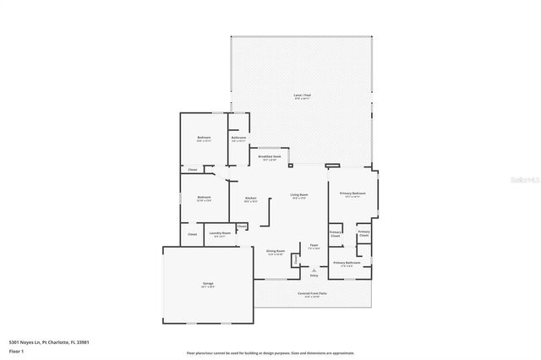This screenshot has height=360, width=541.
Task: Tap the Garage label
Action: point(207,284)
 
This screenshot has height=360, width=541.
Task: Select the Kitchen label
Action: point(250,199)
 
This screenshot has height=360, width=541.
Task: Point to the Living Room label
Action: point(299,195)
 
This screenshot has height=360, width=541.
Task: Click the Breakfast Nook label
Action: point(270,157)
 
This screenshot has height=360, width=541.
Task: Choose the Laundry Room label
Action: point(220,235)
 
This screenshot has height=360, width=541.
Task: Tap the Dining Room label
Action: point(276,252)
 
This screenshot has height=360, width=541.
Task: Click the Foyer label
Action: point(314,246)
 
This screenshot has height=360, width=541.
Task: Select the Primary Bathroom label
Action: point(347,263)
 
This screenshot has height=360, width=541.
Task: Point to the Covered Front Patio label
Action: point(312,294)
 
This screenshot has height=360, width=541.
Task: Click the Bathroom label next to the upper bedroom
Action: point(238,139)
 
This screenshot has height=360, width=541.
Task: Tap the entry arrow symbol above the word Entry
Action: point(314,270)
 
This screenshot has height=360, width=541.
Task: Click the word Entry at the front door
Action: point(314,275)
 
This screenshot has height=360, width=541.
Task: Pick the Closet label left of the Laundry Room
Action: point(192,234)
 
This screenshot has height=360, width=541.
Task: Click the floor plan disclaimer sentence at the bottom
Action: point(270,352)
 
